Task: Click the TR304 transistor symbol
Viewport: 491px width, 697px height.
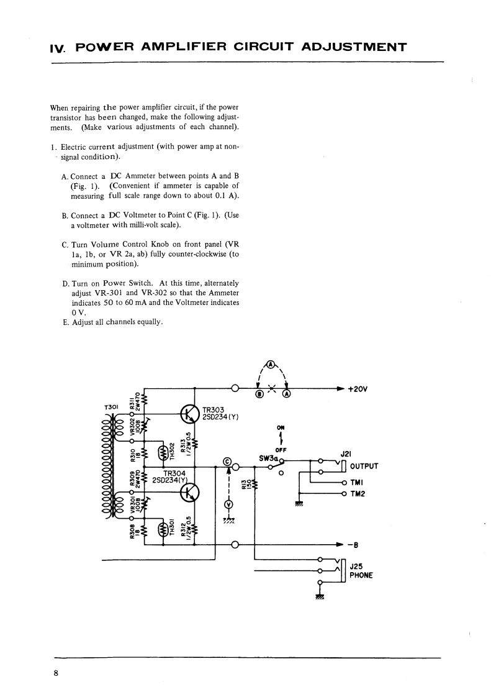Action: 189,493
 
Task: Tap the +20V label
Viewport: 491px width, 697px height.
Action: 358,389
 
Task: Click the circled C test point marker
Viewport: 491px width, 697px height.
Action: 227,462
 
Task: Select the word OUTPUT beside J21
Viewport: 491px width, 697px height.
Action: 364,467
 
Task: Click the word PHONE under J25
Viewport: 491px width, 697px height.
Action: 361,575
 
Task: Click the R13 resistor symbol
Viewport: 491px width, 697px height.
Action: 255,483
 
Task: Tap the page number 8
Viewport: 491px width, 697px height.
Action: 56,672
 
